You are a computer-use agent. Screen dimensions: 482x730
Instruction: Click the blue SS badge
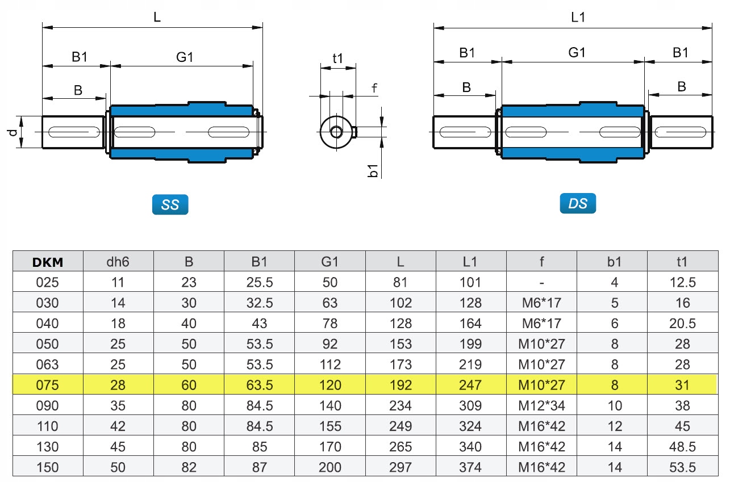[x=170, y=205]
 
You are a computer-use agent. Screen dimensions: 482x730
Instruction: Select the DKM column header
[x=48, y=261]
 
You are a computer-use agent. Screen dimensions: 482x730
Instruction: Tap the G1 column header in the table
[x=329, y=261]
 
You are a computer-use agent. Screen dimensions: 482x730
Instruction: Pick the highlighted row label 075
[x=48, y=385]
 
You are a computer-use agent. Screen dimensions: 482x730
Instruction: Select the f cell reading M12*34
[x=541, y=405]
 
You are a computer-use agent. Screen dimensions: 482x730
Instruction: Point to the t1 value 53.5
[x=682, y=467]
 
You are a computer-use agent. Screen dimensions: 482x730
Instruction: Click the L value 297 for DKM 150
[x=401, y=467]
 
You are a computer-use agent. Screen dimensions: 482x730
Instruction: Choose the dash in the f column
[x=541, y=282]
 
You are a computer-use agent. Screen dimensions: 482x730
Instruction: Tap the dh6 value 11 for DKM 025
[x=118, y=282]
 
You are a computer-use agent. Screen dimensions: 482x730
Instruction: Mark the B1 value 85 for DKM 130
[x=259, y=447]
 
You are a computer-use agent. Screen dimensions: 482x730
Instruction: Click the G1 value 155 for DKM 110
[x=329, y=426]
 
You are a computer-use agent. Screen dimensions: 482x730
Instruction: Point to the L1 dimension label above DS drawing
[x=578, y=17]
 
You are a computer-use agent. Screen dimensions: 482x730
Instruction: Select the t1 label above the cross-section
[x=338, y=58]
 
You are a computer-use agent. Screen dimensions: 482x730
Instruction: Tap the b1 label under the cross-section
[x=373, y=170]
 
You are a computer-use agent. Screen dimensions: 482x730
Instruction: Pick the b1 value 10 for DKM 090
[x=614, y=405]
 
